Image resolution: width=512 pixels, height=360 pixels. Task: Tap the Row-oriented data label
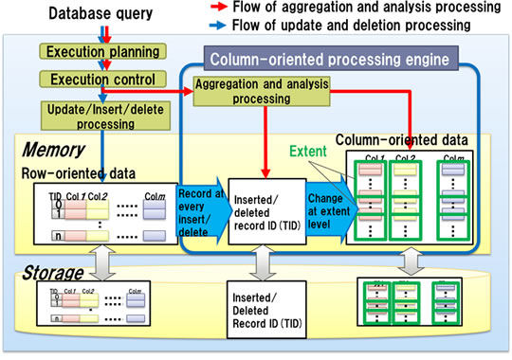[71, 172]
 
